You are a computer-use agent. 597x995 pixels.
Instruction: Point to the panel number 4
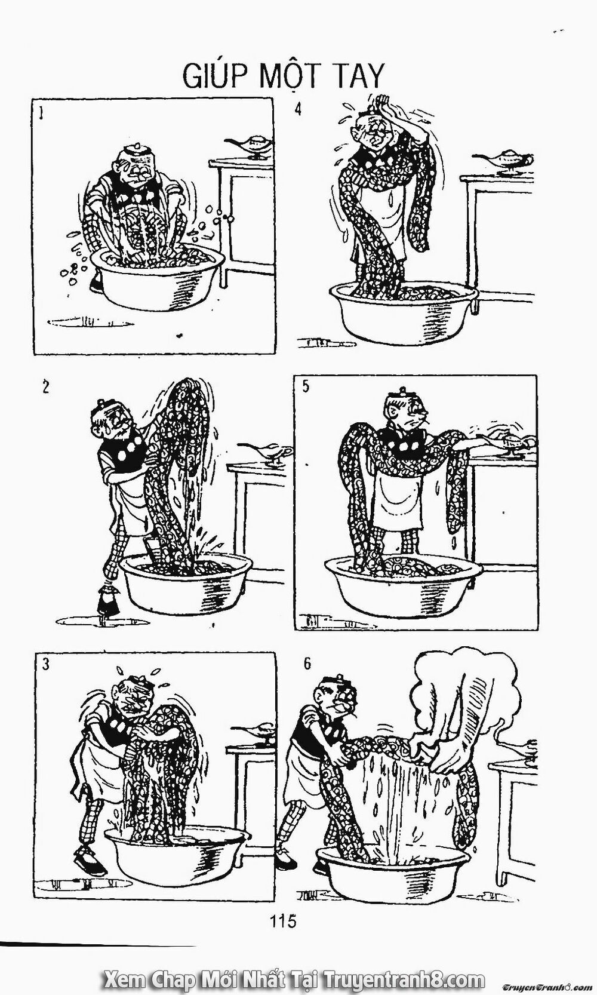297,109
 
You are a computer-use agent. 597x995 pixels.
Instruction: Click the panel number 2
45,387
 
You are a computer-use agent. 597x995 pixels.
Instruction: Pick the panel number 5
306,386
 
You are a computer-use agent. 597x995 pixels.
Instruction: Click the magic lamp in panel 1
249,146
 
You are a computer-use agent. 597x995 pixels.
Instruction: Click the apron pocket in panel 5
396,505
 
